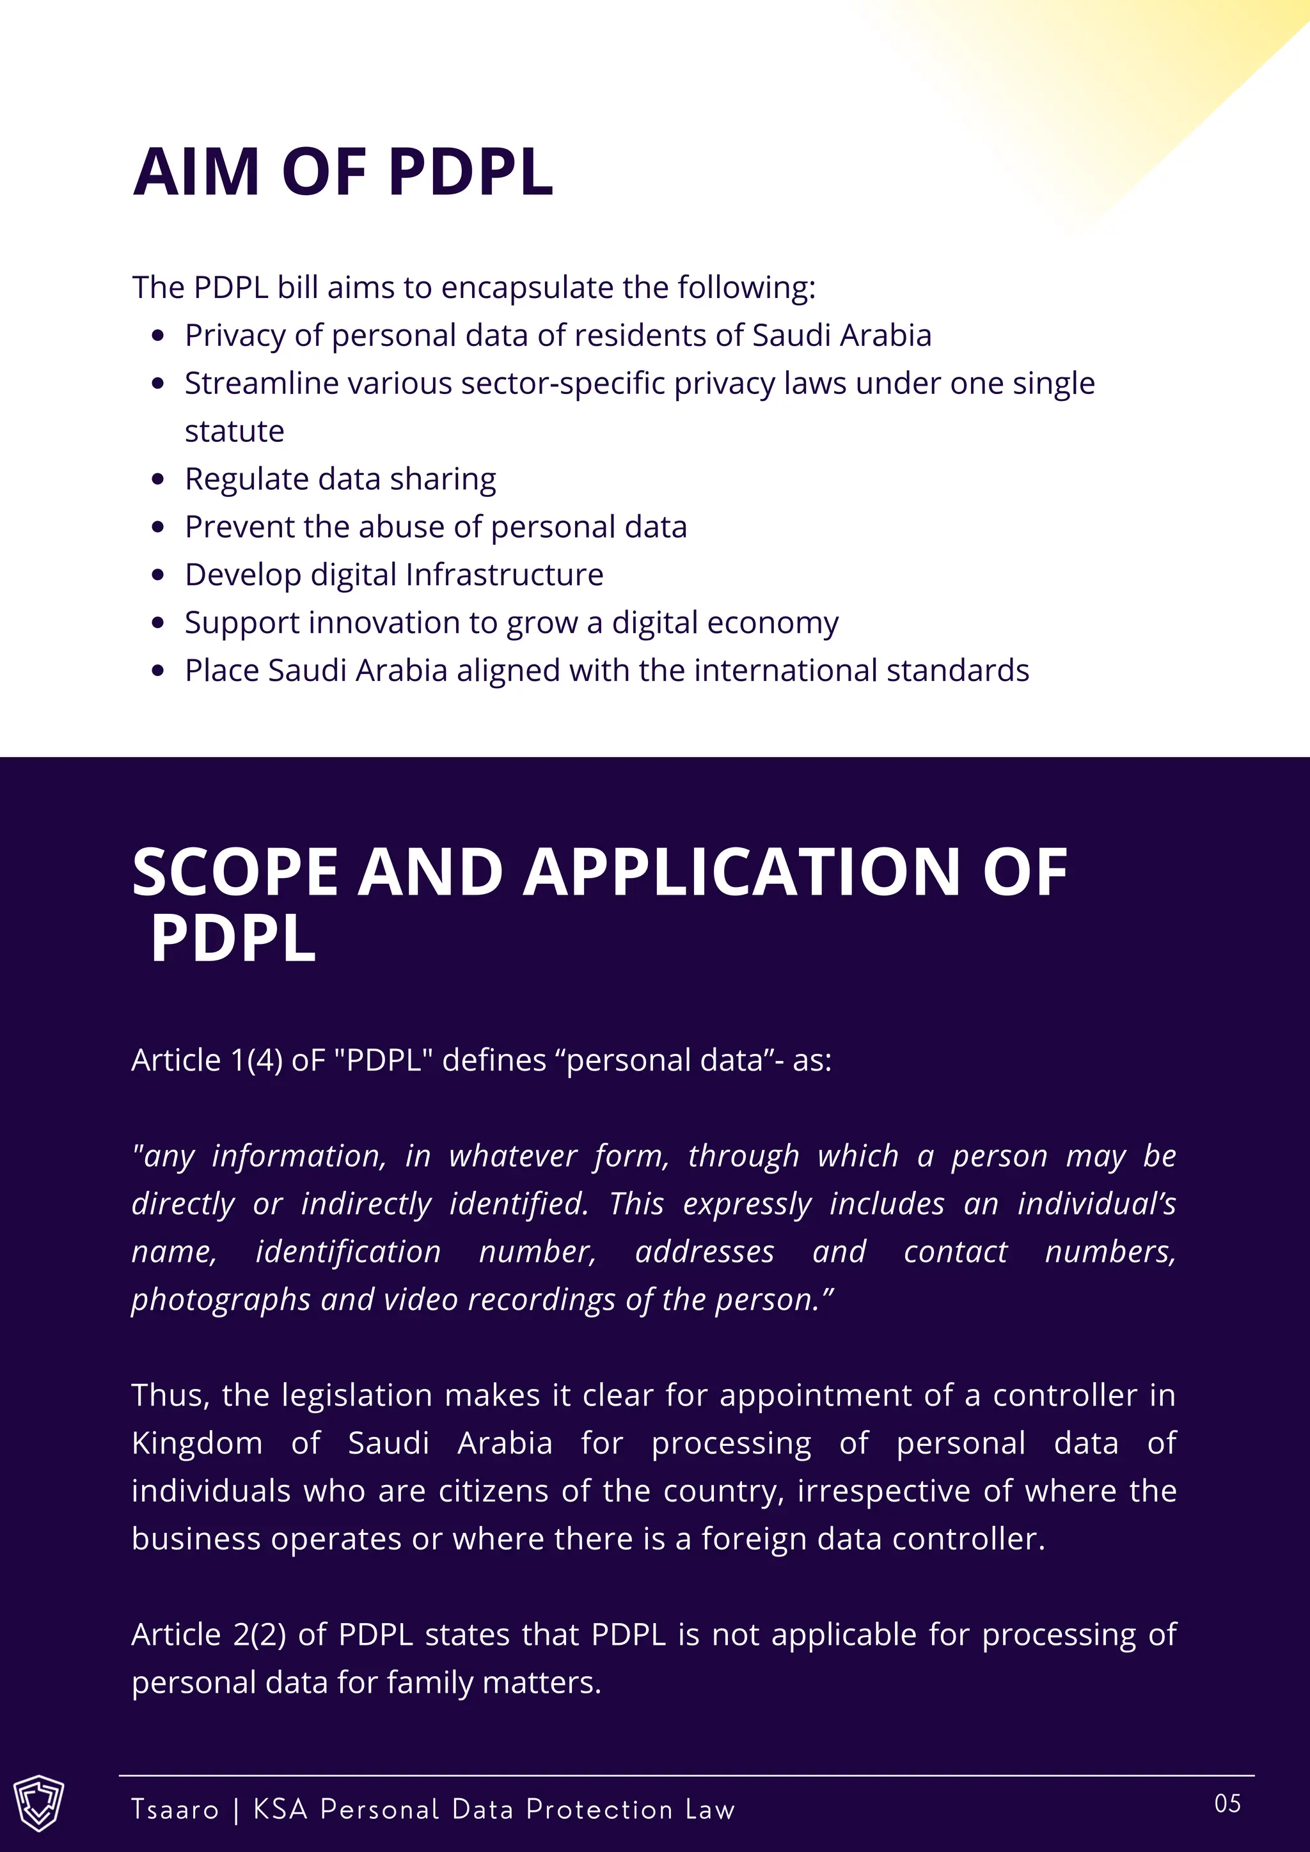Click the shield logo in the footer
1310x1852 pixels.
tap(39, 1802)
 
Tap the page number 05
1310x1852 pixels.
tap(1227, 1803)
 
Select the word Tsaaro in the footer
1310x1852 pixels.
tap(175, 1809)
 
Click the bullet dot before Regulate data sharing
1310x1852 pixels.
tap(158, 480)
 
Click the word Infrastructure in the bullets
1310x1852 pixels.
tap(504, 575)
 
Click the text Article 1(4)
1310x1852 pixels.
tap(207, 1060)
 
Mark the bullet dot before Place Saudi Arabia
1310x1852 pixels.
tap(158, 671)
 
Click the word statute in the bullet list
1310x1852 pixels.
tap(234, 432)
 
